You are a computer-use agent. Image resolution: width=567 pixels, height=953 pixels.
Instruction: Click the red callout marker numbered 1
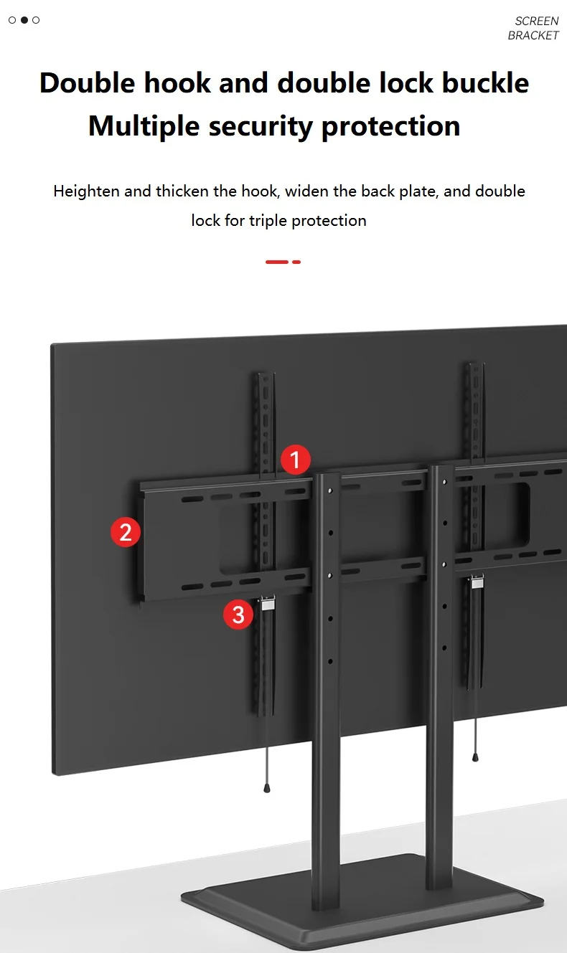pyautogui.click(x=296, y=460)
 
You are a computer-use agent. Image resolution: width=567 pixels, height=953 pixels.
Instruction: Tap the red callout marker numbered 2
pyautogui.click(x=126, y=532)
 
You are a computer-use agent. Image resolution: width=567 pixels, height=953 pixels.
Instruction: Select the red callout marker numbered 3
pyautogui.click(x=238, y=615)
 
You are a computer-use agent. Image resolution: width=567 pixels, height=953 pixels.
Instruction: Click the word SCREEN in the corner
pyautogui.click(x=536, y=21)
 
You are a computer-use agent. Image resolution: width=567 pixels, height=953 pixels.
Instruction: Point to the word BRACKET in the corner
pyautogui.click(x=533, y=35)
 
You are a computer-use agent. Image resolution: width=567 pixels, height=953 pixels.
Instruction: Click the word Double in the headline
pyautogui.click(x=88, y=82)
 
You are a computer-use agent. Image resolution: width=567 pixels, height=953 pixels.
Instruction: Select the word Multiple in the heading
pyautogui.click(x=144, y=127)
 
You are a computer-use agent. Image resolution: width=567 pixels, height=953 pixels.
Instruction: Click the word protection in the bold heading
pyautogui.click(x=390, y=127)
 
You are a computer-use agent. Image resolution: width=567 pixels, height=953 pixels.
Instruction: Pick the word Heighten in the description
pyautogui.click(x=86, y=191)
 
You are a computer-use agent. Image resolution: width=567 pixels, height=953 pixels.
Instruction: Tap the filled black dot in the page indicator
pyautogui.click(x=24, y=20)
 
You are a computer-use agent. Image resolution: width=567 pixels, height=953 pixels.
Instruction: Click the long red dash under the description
pyautogui.click(x=277, y=262)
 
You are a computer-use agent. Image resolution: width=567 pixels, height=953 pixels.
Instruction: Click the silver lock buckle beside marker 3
pyautogui.click(x=267, y=603)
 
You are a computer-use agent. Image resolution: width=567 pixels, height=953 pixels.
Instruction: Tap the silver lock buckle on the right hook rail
pyautogui.click(x=477, y=581)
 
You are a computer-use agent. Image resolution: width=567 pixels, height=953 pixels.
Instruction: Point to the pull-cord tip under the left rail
pyautogui.click(x=267, y=788)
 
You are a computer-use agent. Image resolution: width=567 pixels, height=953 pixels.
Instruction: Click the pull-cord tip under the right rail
pyautogui.click(x=475, y=757)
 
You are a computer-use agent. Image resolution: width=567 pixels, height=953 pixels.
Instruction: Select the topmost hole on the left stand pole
pyautogui.click(x=330, y=490)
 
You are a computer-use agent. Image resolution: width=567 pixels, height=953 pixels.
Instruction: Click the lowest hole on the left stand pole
pyautogui.click(x=330, y=662)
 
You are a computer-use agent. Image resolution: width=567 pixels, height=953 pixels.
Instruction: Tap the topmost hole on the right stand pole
pyautogui.click(x=445, y=482)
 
